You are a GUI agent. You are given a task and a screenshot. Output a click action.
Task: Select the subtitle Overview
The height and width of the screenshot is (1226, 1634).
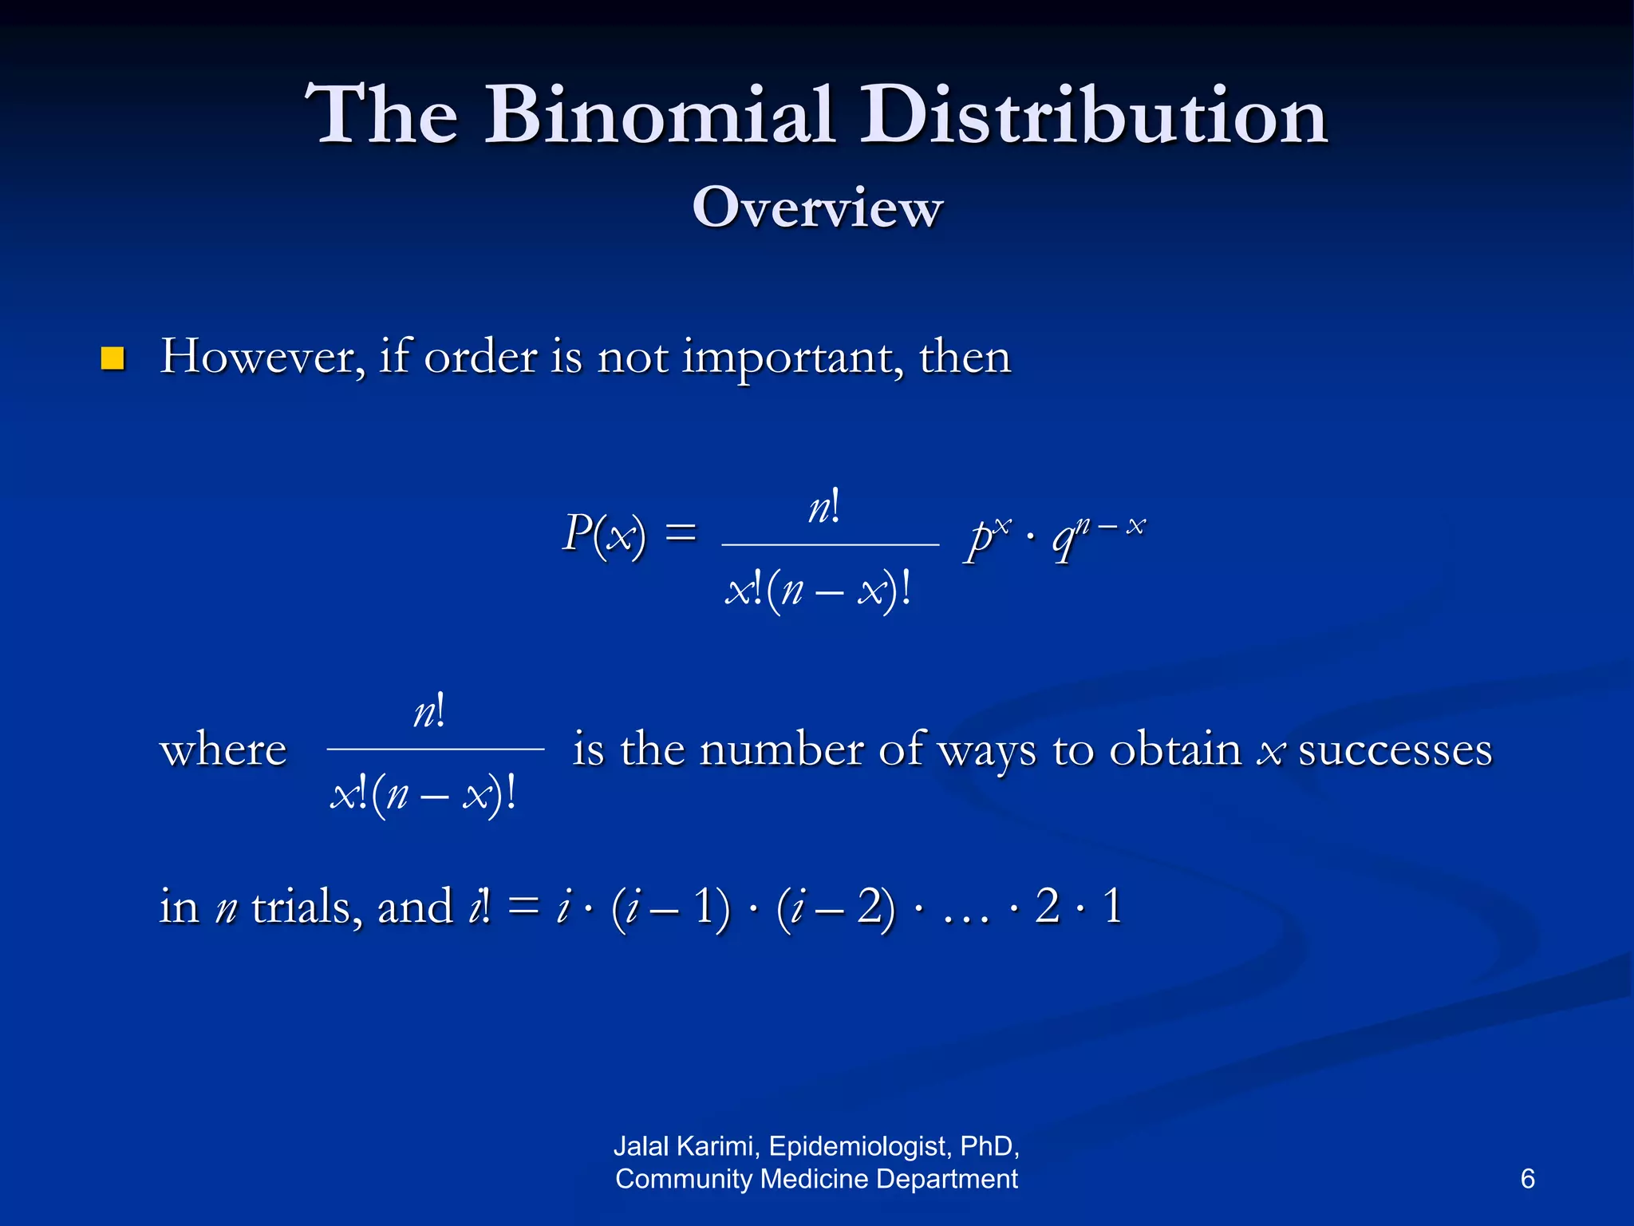click(817, 208)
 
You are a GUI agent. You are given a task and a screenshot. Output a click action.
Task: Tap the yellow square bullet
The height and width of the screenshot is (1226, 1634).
click(112, 359)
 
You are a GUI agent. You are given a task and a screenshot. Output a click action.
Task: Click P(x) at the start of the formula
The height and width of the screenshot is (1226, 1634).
click(604, 533)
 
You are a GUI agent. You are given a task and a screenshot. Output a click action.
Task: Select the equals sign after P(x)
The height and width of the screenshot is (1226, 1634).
click(681, 532)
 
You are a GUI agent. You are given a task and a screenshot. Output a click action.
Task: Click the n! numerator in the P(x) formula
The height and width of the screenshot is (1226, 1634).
click(824, 508)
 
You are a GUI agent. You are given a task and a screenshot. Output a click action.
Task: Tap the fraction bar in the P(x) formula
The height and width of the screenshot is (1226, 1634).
click(830, 544)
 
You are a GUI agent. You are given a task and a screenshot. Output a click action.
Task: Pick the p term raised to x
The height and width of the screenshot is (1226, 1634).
click(986, 536)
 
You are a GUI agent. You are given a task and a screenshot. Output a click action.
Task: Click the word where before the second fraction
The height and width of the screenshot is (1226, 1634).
click(223, 750)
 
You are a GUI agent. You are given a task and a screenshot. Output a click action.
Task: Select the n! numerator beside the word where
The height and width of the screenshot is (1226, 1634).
click(429, 711)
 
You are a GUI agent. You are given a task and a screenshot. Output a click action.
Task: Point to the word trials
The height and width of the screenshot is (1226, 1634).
click(301, 908)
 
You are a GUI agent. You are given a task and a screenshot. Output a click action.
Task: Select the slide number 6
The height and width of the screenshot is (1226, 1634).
click(1527, 1178)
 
